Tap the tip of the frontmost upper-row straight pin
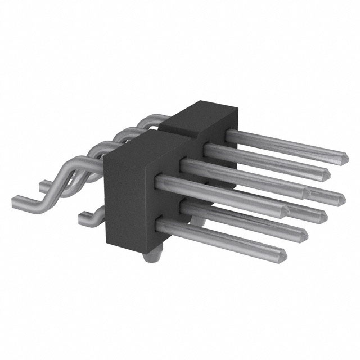pos(285,212)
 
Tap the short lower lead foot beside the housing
pos(84,213)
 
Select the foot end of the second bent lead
pos(44,183)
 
